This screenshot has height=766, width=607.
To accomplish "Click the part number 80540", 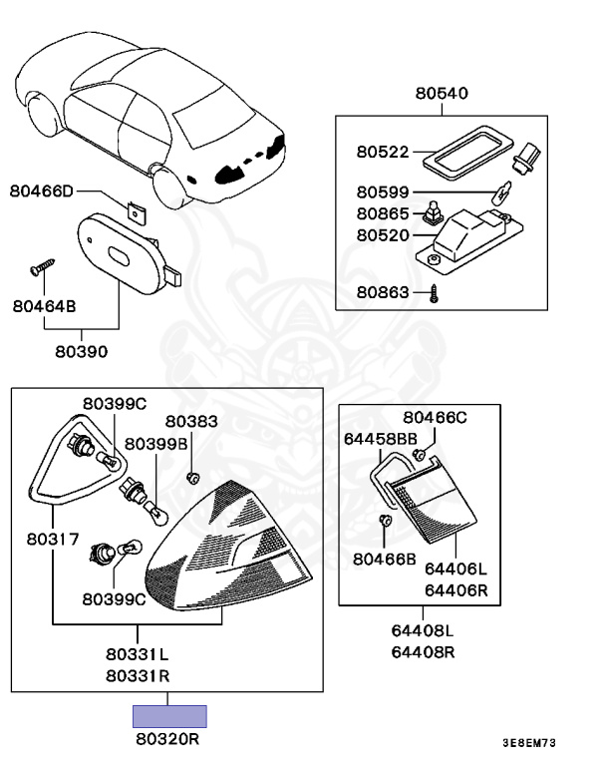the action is (441, 95).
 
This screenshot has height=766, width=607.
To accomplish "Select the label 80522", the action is (383, 153).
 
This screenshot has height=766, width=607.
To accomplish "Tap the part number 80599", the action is (383, 192).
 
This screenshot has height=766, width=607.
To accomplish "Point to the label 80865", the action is (383, 213).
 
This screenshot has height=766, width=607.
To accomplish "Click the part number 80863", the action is (383, 292).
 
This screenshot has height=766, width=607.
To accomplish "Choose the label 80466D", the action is (43, 190).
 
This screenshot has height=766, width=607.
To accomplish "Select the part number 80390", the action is (82, 351).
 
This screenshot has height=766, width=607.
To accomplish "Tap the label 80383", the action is (191, 422).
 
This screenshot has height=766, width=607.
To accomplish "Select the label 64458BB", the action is (380, 438).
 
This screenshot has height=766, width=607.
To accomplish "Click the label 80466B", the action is (384, 559).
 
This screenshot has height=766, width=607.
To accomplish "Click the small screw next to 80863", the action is (436, 292).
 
